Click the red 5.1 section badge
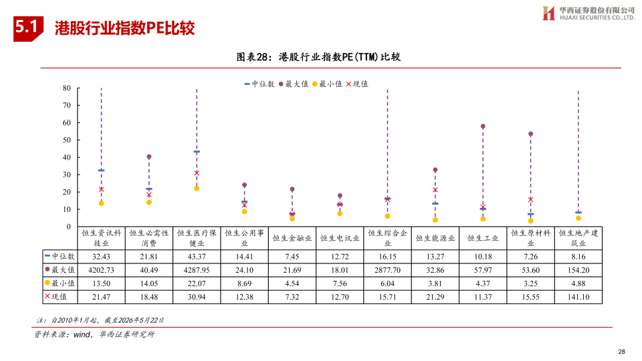[x=28, y=29]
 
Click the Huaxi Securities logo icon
[x=548, y=13]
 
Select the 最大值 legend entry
[x=293, y=84]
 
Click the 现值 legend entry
[x=357, y=84]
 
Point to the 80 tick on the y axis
[x=67, y=88]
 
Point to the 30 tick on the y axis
[x=67, y=174]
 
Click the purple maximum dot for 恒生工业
[x=483, y=126]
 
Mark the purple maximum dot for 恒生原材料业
[x=530, y=134]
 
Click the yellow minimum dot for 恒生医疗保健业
[x=197, y=189]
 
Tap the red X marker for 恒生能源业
[x=435, y=190]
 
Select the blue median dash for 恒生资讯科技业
[x=101, y=170]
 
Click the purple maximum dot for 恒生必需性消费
[x=149, y=156]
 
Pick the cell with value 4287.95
[x=197, y=270]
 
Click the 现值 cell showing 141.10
[x=578, y=297]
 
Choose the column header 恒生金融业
[x=292, y=238]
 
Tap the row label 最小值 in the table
[x=60, y=283]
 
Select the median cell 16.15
[x=387, y=257]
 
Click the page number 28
[x=621, y=352]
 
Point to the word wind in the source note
[x=82, y=334]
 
